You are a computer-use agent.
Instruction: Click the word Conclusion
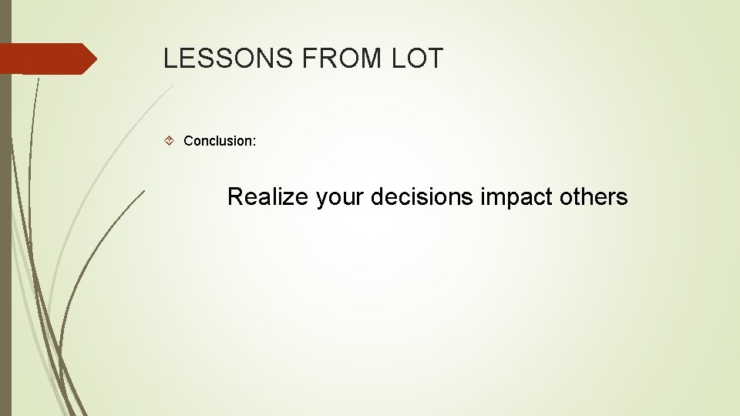click(x=217, y=141)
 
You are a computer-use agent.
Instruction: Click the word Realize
click(x=267, y=197)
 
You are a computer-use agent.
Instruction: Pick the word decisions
click(x=422, y=197)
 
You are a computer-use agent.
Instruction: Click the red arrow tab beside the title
click(x=46, y=59)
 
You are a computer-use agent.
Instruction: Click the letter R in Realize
click(x=235, y=197)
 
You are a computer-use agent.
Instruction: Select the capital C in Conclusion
click(x=188, y=141)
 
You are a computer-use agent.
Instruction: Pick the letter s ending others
click(x=623, y=198)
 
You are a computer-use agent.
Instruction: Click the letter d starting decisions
click(x=377, y=197)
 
